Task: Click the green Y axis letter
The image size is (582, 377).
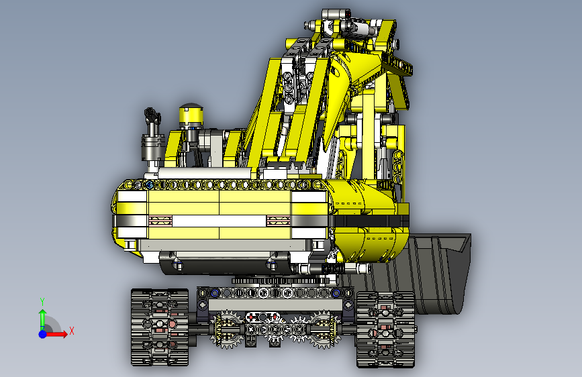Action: tap(42, 301)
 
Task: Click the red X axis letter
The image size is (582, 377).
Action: tap(72, 331)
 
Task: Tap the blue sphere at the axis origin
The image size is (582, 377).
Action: tap(43, 334)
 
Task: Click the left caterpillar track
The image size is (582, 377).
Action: tap(160, 327)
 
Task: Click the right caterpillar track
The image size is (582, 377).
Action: tap(385, 329)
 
